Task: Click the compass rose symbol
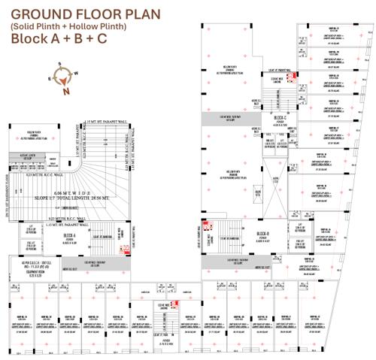65,79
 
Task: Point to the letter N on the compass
66,92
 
